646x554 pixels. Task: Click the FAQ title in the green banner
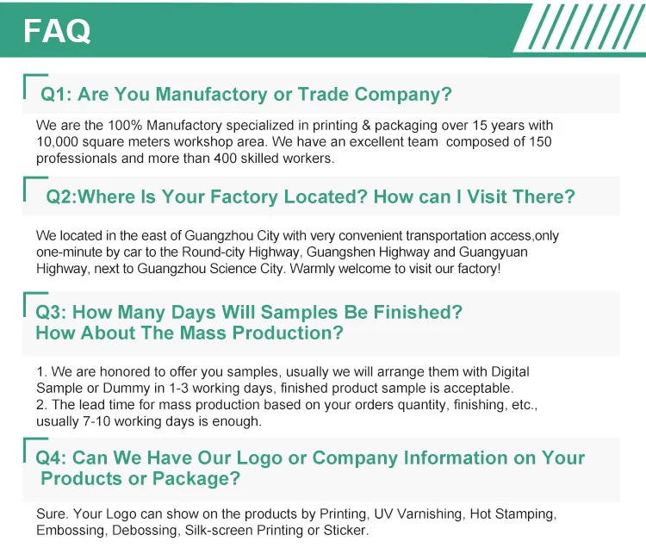click(x=57, y=31)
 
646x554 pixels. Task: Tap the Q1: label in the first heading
click(x=57, y=94)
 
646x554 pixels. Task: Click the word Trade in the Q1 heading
click(x=323, y=94)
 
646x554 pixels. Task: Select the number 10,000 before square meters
click(x=57, y=142)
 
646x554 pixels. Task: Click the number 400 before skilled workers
click(x=225, y=159)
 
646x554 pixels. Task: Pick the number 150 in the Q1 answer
click(x=540, y=142)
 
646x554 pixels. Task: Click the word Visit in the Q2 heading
click(x=488, y=196)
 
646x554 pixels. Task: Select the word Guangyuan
click(x=494, y=252)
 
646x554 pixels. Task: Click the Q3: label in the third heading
click(x=51, y=312)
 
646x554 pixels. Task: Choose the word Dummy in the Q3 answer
click(x=127, y=389)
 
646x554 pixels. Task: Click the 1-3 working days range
click(x=221, y=389)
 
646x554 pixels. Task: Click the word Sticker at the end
click(x=346, y=530)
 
